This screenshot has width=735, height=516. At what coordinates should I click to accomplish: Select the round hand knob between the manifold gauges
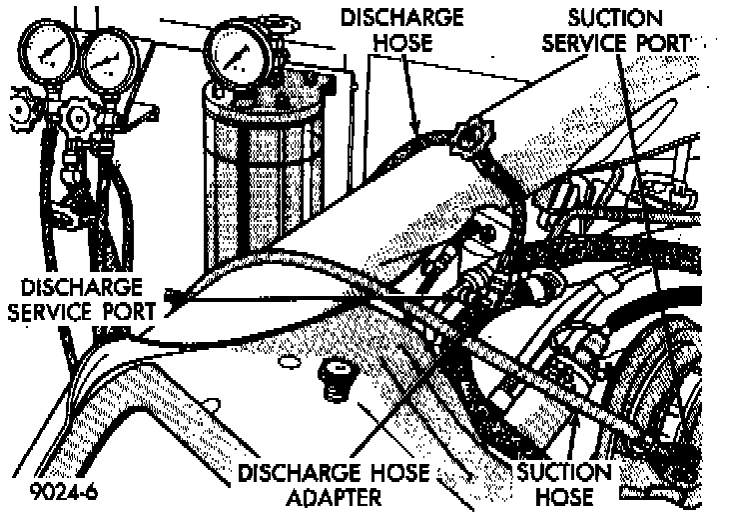coord(76,118)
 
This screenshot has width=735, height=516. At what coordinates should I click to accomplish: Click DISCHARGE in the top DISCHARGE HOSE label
coord(401,18)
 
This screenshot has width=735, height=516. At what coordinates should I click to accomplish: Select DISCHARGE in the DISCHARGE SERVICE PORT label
coord(76,287)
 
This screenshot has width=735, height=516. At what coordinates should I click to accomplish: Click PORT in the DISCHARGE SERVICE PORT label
coord(128,311)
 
